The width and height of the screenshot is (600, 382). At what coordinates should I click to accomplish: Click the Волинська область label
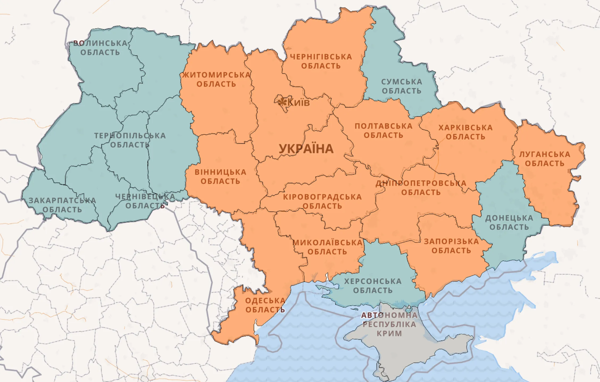point(100,48)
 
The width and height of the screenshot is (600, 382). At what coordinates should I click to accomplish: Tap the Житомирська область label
point(216,79)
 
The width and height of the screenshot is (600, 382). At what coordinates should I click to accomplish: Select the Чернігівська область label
point(321,61)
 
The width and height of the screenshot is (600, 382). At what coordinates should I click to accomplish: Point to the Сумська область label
point(402,86)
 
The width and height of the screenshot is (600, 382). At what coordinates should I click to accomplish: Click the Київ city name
point(299,102)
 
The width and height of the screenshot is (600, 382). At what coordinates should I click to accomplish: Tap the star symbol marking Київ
point(282,102)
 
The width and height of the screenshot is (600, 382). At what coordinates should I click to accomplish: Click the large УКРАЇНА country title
point(306,149)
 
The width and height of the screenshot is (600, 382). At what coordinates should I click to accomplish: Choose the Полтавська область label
point(383,131)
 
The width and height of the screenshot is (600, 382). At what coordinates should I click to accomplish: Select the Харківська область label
point(465,132)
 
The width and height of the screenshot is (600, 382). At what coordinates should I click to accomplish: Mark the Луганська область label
point(545,159)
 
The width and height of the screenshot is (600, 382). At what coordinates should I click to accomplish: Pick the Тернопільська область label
point(130,140)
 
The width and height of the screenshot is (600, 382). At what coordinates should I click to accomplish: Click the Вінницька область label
point(220,177)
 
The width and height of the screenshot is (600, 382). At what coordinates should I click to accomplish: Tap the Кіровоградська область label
point(322,202)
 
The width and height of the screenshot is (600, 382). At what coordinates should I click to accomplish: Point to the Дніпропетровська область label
point(421,188)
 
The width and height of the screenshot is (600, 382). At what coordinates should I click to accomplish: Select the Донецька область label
point(509,223)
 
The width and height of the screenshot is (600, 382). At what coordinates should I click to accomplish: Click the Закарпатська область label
point(62,205)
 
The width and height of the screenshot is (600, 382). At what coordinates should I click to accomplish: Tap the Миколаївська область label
point(327,247)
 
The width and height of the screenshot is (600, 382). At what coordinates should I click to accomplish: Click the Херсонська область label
point(373,286)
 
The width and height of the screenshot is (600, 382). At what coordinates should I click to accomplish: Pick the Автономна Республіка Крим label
point(389,324)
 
